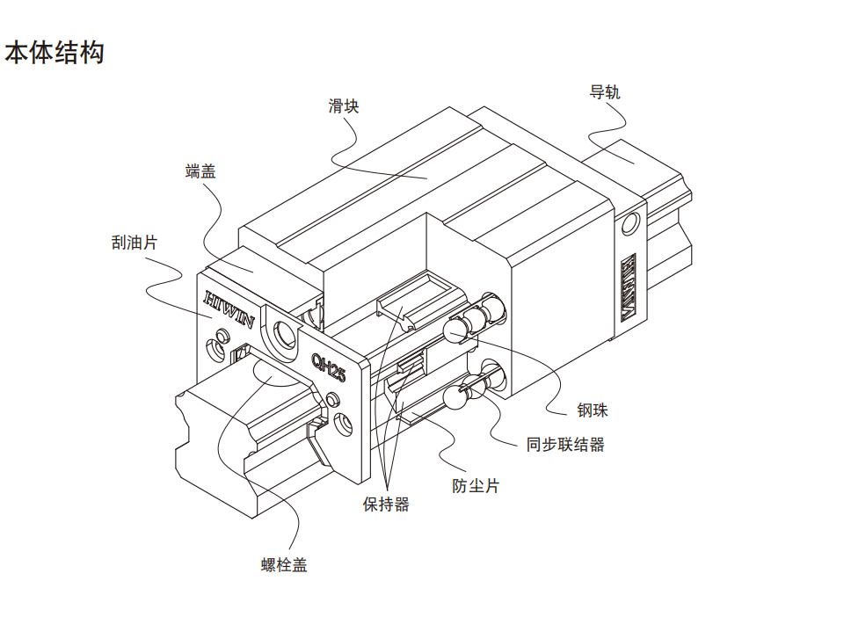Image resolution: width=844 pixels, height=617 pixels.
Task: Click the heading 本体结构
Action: [x=55, y=53]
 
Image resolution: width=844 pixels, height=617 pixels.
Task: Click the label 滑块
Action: [x=344, y=106]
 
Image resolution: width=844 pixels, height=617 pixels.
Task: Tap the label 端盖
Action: [x=200, y=171]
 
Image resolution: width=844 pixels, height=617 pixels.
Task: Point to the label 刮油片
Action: [x=128, y=242]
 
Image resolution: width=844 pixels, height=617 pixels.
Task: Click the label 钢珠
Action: [x=593, y=410]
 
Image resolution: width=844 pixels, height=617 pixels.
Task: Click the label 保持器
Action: [x=386, y=504]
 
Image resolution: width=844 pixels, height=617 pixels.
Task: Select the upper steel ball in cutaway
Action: [x=456, y=330]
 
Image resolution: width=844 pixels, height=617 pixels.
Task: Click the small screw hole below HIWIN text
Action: [x=215, y=349]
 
